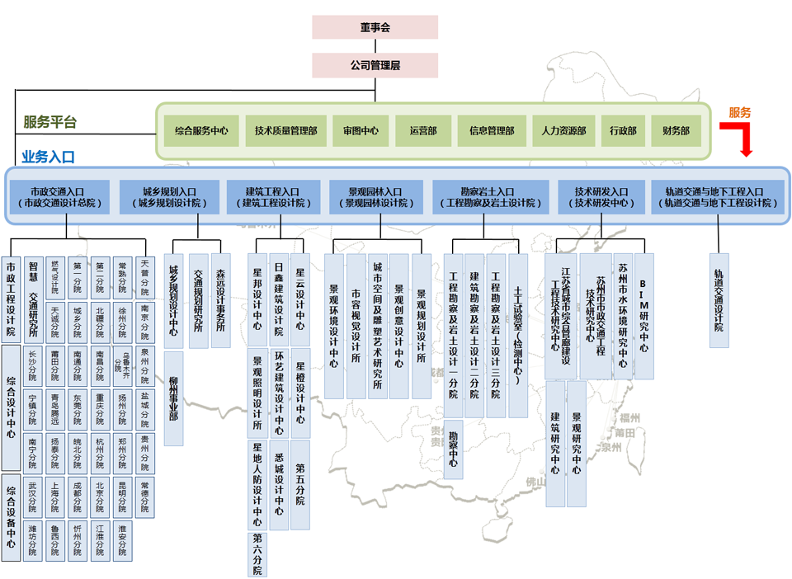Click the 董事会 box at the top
coord(375,26)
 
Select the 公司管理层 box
coord(375,65)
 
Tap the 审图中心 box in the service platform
coord(361,130)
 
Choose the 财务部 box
coord(676,130)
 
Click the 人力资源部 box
coord(563,130)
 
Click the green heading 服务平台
coord(50,122)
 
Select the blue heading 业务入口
coord(48,156)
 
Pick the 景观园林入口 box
coord(376,196)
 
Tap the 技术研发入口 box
coord(601,196)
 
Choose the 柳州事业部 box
coord(173,398)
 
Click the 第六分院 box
coord(257,553)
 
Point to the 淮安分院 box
coord(122,540)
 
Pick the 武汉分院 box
coord(32,493)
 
